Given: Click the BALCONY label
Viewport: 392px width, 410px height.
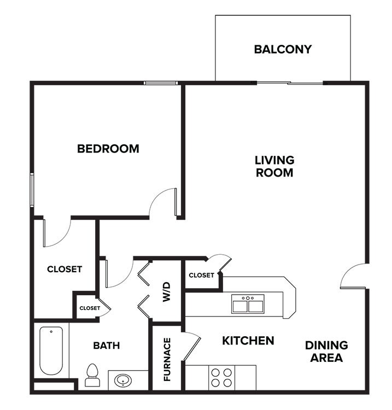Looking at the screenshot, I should point(283,49).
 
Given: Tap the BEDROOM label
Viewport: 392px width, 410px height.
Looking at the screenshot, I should point(108,148).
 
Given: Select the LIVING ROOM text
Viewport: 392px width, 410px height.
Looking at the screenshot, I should point(274,166).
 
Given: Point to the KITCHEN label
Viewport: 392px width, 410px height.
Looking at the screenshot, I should point(248,341).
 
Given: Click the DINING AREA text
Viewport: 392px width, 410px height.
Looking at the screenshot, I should point(326,352).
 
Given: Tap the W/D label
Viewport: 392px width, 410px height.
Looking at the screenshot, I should point(166,291).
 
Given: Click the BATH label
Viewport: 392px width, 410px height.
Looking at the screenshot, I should point(106,345).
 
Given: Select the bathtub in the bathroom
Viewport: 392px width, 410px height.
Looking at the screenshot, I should point(51,350).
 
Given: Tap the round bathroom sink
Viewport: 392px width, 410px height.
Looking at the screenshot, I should point(124,379).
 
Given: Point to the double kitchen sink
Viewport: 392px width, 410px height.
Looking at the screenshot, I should point(248,304).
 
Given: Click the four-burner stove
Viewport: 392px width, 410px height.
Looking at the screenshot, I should point(221,377).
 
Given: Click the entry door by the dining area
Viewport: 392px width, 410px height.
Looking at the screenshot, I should point(353,277).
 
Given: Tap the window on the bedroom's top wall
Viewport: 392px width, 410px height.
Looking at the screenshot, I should point(161,83).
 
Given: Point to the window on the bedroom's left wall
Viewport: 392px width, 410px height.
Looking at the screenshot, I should point(32,190).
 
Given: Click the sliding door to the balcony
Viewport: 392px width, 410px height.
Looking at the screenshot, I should point(290,83).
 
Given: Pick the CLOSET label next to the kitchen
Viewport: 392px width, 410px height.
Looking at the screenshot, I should point(201,275).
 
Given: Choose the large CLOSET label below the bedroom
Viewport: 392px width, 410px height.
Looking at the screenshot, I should point(65,269).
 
